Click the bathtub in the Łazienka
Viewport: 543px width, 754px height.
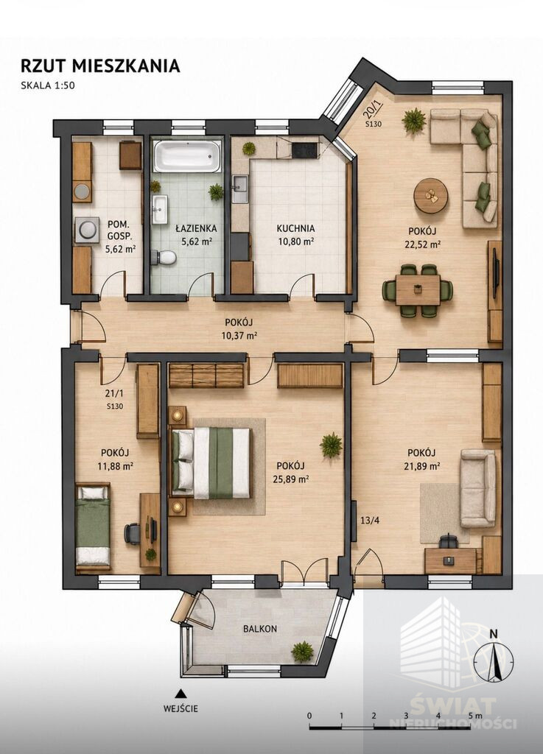(x=187, y=155)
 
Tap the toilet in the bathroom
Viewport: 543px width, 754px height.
(x=164, y=257)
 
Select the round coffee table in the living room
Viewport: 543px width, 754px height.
(x=431, y=195)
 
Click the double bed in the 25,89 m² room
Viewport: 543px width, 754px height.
(x=211, y=463)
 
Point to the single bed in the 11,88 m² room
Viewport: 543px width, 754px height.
(x=93, y=526)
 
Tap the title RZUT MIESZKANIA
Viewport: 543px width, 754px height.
(x=100, y=66)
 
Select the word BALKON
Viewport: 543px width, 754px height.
(x=260, y=629)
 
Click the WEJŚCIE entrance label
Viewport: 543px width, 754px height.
(x=181, y=708)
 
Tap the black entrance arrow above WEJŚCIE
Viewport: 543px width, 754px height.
(x=181, y=694)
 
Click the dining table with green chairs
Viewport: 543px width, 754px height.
(x=418, y=290)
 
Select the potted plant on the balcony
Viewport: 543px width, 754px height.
(x=302, y=652)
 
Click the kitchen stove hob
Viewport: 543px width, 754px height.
(x=304, y=150)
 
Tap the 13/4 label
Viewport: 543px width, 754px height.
(x=370, y=520)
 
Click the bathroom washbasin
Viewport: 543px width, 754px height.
(x=159, y=210)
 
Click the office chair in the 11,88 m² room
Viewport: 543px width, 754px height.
(x=133, y=533)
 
